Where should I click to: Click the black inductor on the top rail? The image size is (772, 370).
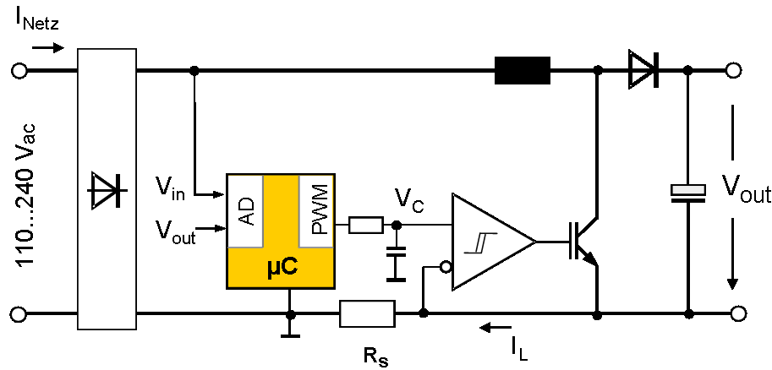tap(523, 71)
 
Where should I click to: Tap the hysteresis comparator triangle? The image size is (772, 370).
tap(488, 241)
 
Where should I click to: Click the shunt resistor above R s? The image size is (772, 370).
tap(367, 313)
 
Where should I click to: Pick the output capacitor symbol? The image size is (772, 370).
tap(687, 193)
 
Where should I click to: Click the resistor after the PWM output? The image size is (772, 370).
tap(365, 226)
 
